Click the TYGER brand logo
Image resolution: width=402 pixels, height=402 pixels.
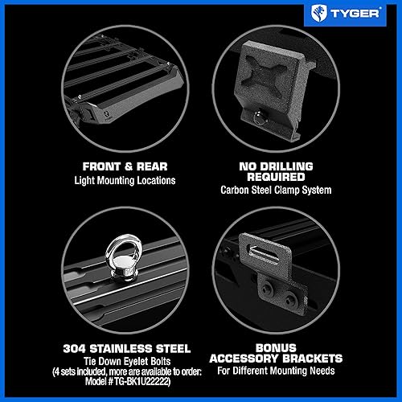pyautogui.click(x=353, y=13)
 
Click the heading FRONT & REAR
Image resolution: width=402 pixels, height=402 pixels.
pyautogui.click(x=107, y=166)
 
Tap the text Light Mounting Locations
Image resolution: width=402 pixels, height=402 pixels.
pyautogui.click(x=107, y=180)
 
